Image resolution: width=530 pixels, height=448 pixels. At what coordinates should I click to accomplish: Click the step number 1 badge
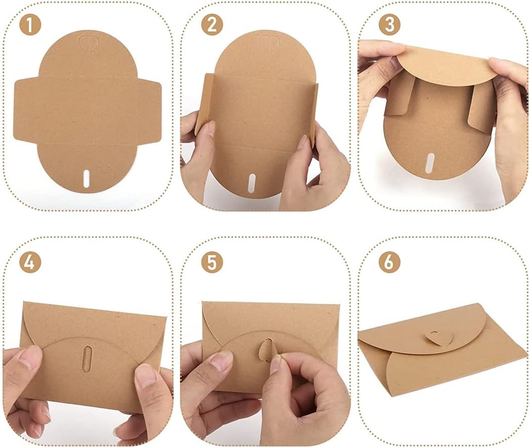point(30,25)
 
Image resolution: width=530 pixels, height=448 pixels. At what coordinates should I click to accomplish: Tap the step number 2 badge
point(212,25)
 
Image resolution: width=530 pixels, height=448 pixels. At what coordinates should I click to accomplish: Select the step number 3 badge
point(389,25)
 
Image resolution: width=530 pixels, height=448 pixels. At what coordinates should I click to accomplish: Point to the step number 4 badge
point(30,262)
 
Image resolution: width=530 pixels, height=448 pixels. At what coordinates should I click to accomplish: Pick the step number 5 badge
point(212,262)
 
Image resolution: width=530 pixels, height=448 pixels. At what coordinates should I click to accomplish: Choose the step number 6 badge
point(389,262)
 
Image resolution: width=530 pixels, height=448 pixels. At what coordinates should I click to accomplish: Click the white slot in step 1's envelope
point(87,178)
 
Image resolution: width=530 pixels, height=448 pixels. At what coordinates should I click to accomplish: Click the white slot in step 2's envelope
point(252,183)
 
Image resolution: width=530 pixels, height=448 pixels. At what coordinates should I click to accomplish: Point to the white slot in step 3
point(430,163)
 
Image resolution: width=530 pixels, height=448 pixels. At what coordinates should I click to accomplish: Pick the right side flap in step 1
point(147,110)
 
